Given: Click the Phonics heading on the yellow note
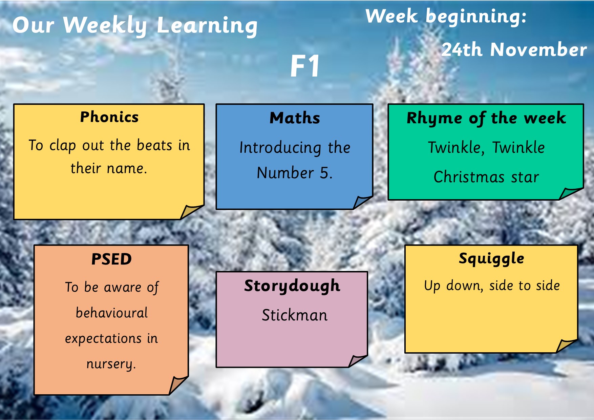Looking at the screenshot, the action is pos(109,117).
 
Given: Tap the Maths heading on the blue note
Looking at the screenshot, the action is pos(295,118).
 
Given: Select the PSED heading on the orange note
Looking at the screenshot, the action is pos(111,259).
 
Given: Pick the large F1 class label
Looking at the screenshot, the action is pos(305,66).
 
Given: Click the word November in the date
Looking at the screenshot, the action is pos(538,49).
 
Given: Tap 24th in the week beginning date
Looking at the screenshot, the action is pos(462,49).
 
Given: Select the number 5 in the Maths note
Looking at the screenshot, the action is pos(324,173).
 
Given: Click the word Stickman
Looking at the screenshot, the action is pos(295,315).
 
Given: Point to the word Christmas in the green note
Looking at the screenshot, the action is pos(469,177).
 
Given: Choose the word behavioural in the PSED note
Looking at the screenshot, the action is pos(112,313).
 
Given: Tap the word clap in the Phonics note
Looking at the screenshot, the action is pos(62,146).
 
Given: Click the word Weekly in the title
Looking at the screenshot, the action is pos(105,26).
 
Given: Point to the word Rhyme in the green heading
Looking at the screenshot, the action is pos(434,118).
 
